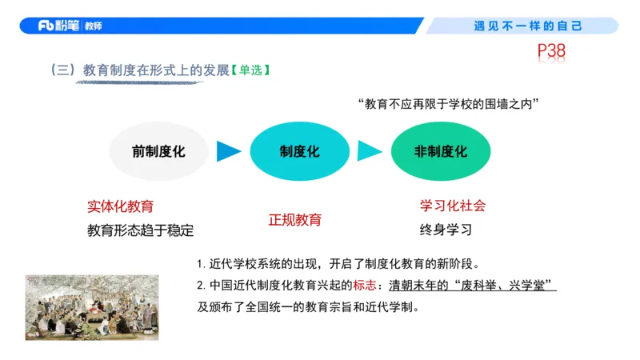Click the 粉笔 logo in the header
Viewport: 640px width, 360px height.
(70, 26)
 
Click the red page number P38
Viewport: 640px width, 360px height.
(551, 52)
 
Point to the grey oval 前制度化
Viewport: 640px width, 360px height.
(158, 151)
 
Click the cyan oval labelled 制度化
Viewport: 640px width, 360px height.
(300, 151)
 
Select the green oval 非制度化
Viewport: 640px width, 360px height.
(441, 151)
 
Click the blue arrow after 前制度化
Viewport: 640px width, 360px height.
(229, 151)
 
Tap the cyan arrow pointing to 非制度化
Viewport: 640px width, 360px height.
(370, 151)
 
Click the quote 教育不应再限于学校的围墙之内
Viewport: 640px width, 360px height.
(450, 104)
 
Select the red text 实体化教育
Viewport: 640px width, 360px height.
(121, 206)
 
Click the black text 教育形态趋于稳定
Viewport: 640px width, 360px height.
(141, 230)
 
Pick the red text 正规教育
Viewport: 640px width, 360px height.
(294, 219)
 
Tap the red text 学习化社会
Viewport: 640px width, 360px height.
(453, 206)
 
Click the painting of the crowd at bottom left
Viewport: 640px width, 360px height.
(91, 307)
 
